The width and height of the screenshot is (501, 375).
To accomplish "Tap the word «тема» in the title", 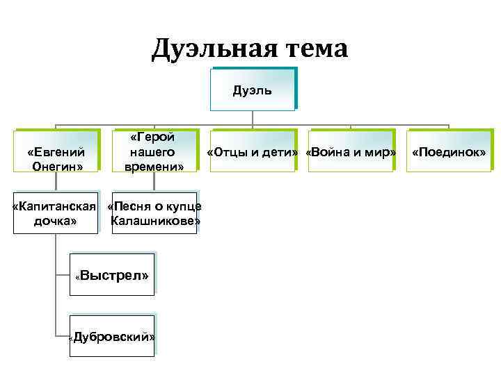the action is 310,49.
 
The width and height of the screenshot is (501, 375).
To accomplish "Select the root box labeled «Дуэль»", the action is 253,90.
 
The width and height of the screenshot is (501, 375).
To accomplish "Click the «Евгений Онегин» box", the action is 56,151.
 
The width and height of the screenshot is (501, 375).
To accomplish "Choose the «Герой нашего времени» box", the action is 154,151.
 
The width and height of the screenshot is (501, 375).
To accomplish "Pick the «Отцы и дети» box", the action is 253,151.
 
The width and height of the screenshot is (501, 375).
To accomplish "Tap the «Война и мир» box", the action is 351,151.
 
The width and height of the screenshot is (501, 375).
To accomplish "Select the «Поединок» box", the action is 449,151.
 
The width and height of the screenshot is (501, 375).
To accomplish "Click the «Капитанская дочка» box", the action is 56,213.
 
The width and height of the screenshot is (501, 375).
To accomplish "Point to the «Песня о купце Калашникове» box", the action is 154,213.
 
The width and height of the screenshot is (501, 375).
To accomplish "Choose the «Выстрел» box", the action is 112,276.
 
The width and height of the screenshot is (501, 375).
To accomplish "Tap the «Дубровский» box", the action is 112,337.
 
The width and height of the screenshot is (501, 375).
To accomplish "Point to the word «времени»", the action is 154,167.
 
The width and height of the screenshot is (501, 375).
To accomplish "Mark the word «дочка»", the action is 56,222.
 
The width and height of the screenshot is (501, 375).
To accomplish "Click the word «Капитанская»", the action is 54,206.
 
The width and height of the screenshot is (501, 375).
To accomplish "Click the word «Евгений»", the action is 56,152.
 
